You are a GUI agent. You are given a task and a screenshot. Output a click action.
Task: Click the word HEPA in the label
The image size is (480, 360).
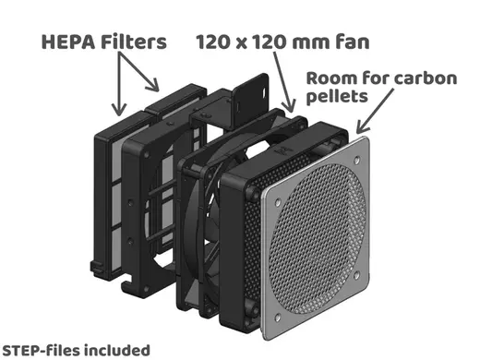(x=68, y=42)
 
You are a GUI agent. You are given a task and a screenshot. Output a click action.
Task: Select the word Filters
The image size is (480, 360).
(x=134, y=42)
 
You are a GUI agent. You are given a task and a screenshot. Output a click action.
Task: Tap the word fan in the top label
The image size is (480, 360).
(x=353, y=42)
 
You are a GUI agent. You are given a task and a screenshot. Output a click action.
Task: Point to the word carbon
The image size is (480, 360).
(x=426, y=78)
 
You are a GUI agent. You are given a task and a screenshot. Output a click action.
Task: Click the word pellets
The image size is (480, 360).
(x=337, y=96)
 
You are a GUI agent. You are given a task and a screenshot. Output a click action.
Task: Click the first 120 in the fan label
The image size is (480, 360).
(x=212, y=42)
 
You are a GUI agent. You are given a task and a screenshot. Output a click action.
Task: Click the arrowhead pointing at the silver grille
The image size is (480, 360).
(x=362, y=126)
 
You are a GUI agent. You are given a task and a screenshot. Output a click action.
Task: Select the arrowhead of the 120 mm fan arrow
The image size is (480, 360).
(x=289, y=105)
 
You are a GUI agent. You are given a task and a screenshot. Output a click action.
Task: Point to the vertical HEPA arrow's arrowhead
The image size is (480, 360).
(x=119, y=110)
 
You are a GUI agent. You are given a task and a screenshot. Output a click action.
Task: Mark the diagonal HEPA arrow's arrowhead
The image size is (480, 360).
(x=153, y=85)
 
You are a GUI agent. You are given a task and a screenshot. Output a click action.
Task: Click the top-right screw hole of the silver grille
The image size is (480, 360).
(x=357, y=160)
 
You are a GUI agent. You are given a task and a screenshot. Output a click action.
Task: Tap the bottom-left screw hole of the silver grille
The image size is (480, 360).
(x=277, y=318)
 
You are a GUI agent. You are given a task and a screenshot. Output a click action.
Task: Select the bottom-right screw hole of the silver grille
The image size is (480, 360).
(x=356, y=275)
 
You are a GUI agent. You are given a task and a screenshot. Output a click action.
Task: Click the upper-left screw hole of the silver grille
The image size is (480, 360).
(x=278, y=202)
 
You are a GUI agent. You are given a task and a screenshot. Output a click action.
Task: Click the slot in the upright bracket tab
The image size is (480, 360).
(x=264, y=92)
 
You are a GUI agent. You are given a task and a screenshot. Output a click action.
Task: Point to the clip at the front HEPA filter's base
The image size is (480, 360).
(x=97, y=269)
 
